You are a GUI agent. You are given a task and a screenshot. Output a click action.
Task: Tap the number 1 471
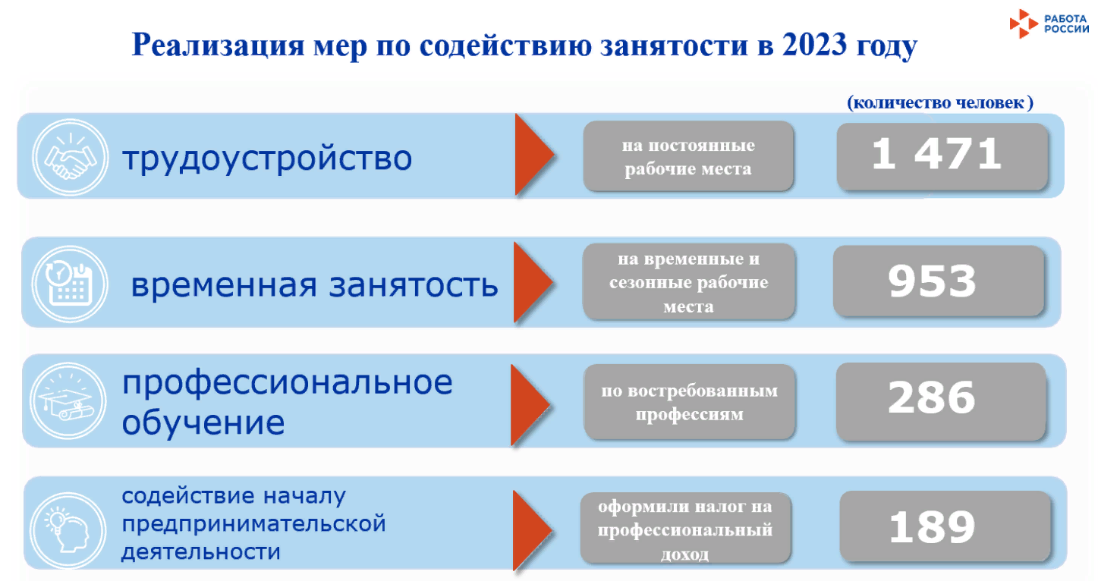pos(937,155)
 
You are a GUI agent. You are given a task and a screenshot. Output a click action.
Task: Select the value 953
pos(932,281)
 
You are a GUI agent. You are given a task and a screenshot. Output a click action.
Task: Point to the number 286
pos(932,398)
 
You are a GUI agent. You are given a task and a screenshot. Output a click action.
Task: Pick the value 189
pos(932,526)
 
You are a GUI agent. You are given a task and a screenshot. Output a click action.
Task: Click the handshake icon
pos(70,158)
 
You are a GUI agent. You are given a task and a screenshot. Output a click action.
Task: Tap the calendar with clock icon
pos(70,282)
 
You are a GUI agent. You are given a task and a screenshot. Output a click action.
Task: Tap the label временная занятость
pos(314,286)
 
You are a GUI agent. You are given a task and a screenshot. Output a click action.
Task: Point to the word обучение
pos(203,422)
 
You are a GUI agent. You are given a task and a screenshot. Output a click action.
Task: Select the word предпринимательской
pos(254,523)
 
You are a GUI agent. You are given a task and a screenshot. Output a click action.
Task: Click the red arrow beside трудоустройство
pos(534,155)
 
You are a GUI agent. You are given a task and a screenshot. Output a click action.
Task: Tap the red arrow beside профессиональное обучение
pos(529,404)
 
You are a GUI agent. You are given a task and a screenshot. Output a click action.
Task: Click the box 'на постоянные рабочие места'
pos(687,156)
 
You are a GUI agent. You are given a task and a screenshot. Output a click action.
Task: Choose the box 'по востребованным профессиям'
pos(689,402)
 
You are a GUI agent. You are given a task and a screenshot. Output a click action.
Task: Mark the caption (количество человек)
pos(939,103)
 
